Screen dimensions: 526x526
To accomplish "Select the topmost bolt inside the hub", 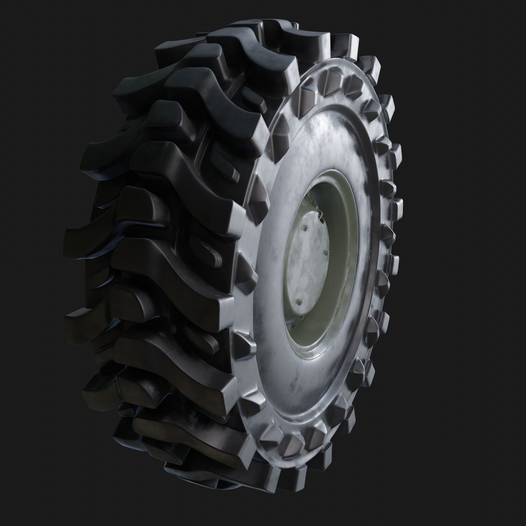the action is (x=308, y=194).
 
